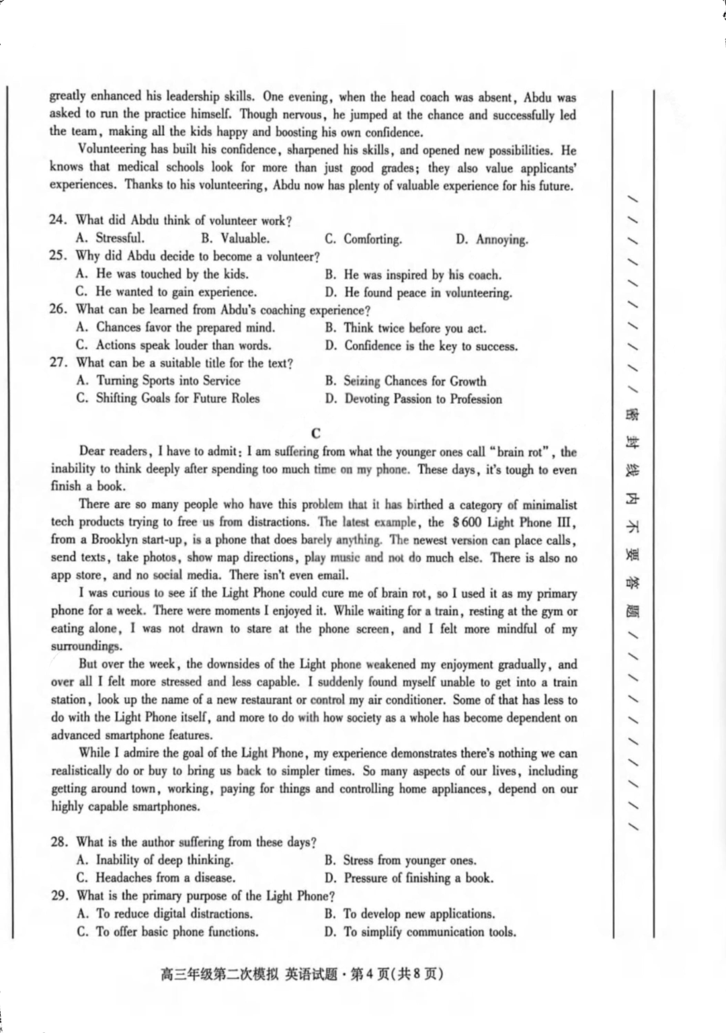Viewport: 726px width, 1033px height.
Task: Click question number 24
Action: coord(57,220)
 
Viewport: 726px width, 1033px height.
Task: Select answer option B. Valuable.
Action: coord(235,238)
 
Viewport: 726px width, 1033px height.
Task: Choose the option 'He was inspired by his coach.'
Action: coord(413,274)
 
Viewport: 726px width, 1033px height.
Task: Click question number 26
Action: coord(58,309)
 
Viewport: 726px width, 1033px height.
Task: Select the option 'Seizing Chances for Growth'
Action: coord(406,381)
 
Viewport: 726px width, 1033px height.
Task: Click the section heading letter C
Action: coord(316,433)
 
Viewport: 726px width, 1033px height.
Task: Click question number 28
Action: coord(59,841)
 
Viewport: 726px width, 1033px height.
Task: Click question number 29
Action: coord(59,896)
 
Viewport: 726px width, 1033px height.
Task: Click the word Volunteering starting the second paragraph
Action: coord(111,149)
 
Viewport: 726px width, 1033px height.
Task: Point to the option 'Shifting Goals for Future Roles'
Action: coord(168,398)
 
